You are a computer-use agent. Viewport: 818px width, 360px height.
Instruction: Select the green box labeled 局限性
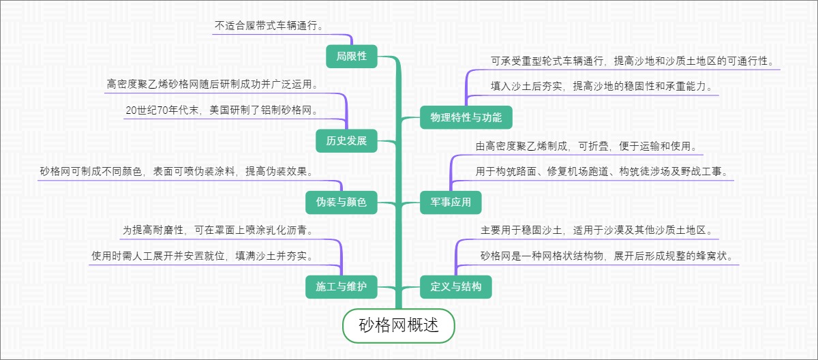coord(351,56)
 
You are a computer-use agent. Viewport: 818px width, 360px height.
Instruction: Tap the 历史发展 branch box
coord(346,141)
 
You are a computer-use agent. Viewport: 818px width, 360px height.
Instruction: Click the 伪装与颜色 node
coord(341,202)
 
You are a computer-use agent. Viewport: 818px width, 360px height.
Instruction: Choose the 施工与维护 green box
coord(341,287)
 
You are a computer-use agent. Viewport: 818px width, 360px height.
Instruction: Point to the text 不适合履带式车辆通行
coord(269,26)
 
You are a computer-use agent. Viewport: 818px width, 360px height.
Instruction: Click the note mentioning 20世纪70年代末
coord(222,110)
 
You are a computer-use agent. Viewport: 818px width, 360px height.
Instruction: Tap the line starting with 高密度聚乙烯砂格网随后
coord(213,85)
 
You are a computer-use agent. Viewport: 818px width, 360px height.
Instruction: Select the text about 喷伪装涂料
coord(176,171)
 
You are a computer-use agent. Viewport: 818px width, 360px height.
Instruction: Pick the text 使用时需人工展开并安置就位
coord(203,256)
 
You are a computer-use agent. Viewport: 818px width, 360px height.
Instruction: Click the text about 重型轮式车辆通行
coord(633,61)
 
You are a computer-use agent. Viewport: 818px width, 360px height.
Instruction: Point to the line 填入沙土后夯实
coord(602,87)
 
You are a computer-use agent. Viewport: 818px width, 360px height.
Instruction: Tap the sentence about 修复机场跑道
coord(603,171)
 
